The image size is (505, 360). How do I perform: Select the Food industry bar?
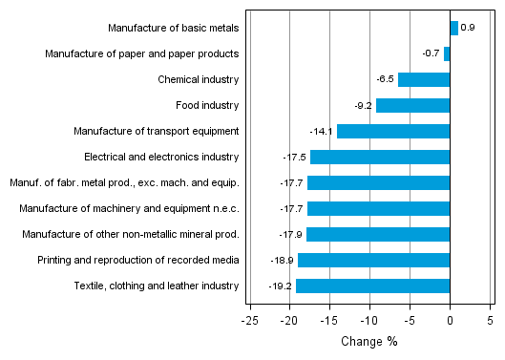[412, 106]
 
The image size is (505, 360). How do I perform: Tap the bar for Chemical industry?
[423, 80]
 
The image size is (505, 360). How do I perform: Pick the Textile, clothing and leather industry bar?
[372, 286]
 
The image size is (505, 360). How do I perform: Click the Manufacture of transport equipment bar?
[392, 132]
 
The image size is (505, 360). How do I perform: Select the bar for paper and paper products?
[447, 54]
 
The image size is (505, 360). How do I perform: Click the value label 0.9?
[468, 29]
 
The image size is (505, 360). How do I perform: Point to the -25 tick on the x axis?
[248, 322]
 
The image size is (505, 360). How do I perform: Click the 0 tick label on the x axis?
[450, 322]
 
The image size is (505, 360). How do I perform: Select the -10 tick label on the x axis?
[368, 322]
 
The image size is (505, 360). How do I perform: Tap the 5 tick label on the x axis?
[490, 322]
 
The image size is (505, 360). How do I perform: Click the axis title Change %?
[368, 342]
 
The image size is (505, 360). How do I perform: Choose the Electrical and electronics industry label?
[161, 158]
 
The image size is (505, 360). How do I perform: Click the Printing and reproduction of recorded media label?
[137, 260]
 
